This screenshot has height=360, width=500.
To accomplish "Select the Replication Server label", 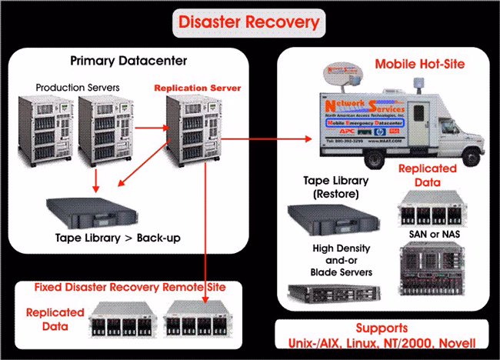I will click(x=198, y=88).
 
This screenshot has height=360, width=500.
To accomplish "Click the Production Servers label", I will click(x=77, y=88).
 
